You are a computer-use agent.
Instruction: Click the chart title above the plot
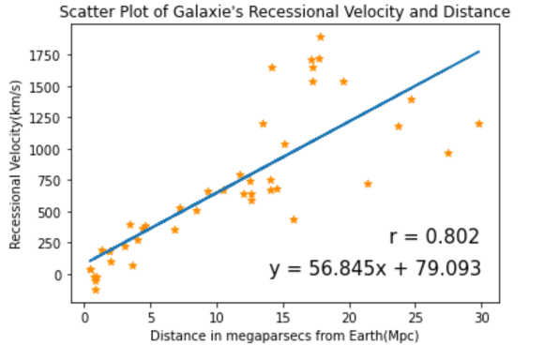283,12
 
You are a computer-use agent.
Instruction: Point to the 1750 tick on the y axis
49,55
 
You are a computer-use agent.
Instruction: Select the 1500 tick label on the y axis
49,86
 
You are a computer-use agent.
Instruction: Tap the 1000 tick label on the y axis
49,149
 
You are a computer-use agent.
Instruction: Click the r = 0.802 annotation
434,236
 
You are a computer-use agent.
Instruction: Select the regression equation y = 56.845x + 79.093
375,269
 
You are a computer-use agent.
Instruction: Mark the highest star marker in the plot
321,37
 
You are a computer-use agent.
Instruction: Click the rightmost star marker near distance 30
479,124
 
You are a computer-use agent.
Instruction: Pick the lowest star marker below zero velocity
96,290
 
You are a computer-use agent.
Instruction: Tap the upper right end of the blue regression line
479,52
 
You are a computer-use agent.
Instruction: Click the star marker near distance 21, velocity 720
368,184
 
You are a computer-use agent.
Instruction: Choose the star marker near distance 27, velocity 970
448,153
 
